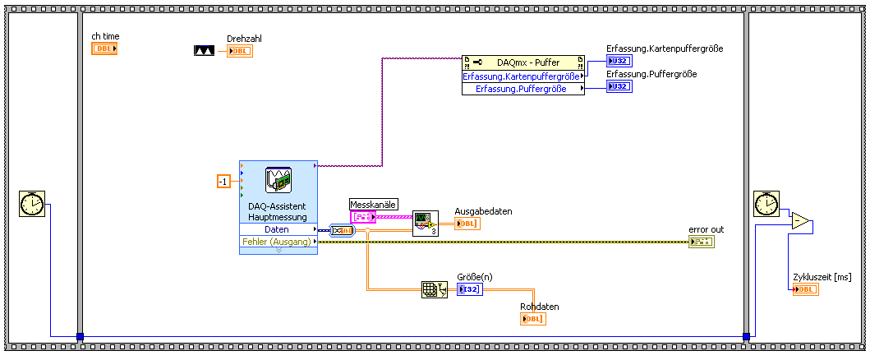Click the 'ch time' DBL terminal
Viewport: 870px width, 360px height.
(104, 48)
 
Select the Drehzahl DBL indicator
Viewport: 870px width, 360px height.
(240, 51)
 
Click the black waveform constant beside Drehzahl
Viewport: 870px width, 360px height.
(204, 51)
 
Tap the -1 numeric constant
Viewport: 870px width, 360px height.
(223, 181)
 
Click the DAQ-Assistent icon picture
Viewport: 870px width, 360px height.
(278, 180)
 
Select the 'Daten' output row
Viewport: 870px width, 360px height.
(278, 230)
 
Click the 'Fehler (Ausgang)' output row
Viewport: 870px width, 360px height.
(278, 242)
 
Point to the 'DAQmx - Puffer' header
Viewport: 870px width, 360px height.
(523, 62)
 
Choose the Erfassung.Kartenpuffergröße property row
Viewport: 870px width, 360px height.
(523, 76)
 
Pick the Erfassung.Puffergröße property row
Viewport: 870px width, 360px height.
(523, 89)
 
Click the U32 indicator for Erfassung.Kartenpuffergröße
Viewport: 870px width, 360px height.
(619, 61)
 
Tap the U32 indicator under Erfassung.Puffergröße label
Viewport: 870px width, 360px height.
(619, 86)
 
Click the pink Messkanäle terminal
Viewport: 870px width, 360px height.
(362, 217)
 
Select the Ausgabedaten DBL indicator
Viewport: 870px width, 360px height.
(467, 223)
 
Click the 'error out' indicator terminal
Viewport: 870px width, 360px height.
(702, 242)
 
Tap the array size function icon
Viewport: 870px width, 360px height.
(433, 289)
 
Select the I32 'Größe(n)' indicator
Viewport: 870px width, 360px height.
(469, 289)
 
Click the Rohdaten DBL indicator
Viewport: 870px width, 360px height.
(532, 319)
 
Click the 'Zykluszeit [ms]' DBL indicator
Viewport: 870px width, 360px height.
(805, 289)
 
